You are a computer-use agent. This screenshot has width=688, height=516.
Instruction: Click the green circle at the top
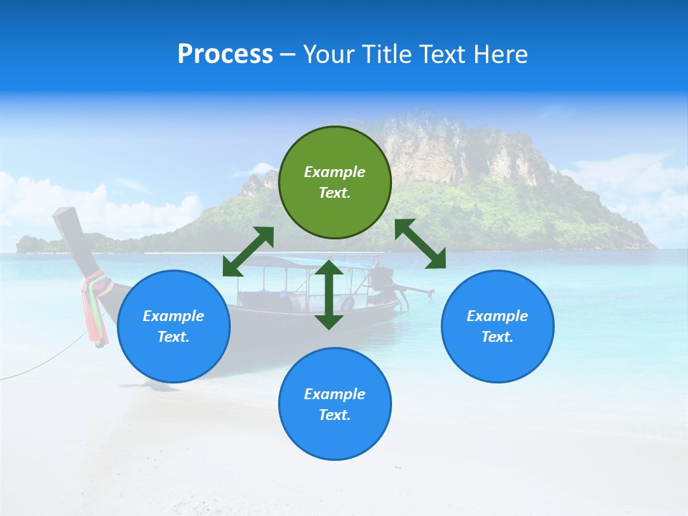click(x=335, y=182)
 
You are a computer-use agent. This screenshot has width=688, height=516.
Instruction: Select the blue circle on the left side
click(x=173, y=326)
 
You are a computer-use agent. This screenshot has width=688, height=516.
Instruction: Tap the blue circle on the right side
click(x=497, y=326)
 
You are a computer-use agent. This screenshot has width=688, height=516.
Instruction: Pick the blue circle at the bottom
click(x=335, y=403)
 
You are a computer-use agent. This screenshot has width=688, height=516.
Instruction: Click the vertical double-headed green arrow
click(x=329, y=295)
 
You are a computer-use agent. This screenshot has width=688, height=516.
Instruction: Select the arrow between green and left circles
click(x=248, y=251)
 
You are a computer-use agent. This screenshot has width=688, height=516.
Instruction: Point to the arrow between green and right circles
click(x=420, y=244)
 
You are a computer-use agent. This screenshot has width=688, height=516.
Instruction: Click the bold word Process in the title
click(x=225, y=54)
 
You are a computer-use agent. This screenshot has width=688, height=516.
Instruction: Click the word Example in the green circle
click(x=335, y=172)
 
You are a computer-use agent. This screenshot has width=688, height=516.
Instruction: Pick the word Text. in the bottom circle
click(x=335, y=415)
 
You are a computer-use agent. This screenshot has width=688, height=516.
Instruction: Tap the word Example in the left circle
click(x=173, y=316)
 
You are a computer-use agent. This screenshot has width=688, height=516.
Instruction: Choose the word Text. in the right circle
click(x=497, y=337)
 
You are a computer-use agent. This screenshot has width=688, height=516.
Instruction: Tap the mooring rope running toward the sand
click(x=43, y=363)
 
